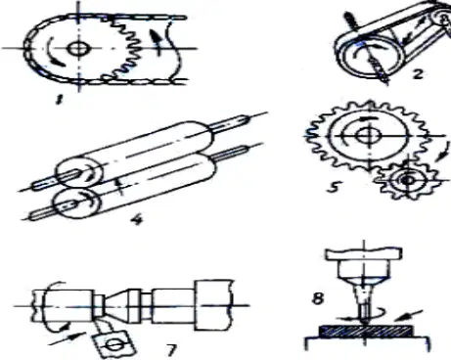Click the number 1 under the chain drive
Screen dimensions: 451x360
coord(60,99)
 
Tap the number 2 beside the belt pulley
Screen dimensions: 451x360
coord(418,73)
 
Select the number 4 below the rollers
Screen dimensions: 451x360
coord(137,219)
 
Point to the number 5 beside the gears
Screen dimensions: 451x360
coord(334,187)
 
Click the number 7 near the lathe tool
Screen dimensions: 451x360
coord(171,350)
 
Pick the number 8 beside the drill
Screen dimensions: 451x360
coord(318,298)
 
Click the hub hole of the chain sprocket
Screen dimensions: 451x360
coord(78,48)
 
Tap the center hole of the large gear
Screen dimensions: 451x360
coord(368,135)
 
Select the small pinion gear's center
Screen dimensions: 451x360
coord(407,180)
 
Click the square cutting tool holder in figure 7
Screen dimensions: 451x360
coord(114,343)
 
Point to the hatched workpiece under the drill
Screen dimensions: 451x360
coord(365,332)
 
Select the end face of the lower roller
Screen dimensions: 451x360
coord(76,204)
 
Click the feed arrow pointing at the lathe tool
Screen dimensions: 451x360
coord(67,337)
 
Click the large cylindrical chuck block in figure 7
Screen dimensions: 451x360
coord(213,305)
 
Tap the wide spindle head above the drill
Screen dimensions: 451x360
coord(364,253)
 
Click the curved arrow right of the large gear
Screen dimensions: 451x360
coord(442,152)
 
